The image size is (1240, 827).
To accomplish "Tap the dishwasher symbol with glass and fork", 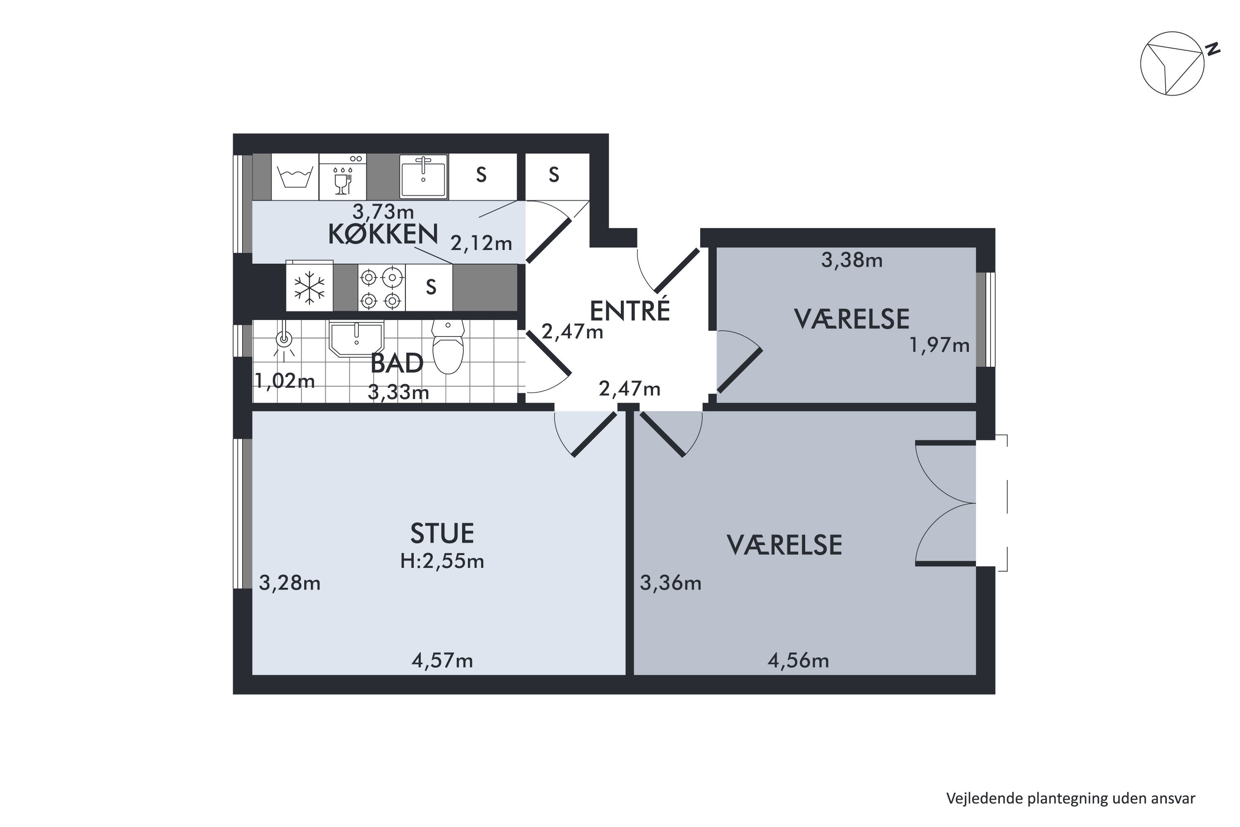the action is tap(343, 177).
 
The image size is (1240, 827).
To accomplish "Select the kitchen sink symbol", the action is tap(423, 176).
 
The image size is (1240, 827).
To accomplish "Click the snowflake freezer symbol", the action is tap(310, 287).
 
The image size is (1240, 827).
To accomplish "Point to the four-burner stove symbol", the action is tap(381, 287).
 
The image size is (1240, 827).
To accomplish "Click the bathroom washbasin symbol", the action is tap(356, 339).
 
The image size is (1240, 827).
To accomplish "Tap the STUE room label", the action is tap(442, 533).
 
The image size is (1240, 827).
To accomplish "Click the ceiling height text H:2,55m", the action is tap(442, 561).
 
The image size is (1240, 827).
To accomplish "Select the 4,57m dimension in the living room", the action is tap(442, 660).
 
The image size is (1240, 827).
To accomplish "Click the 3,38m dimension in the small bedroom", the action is tap(852, 260).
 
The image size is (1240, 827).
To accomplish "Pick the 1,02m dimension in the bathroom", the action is tap(285, 380).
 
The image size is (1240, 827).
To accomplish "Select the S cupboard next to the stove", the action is tap(431, 287).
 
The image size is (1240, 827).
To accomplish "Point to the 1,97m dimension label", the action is tap(940, 345).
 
